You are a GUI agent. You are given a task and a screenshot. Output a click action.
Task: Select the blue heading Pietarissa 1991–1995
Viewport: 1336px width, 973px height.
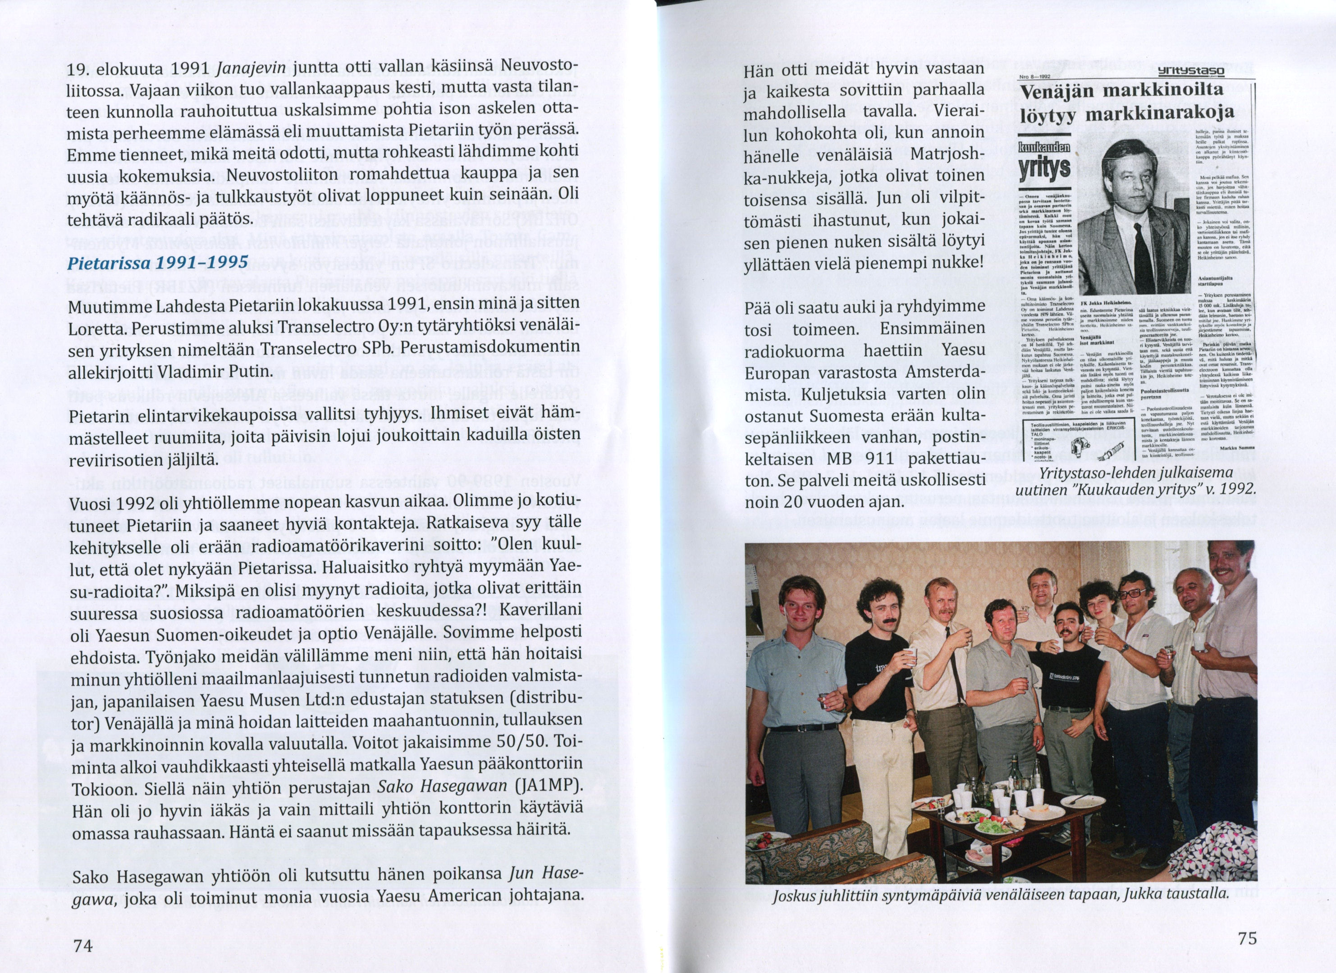pyautogui.click(x=158, y=262)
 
